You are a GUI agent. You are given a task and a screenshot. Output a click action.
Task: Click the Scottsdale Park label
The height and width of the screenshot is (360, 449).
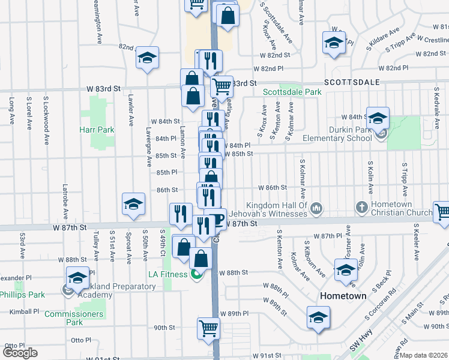[292, 92]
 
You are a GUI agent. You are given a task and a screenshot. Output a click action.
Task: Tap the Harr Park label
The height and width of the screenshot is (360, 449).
[97, 130]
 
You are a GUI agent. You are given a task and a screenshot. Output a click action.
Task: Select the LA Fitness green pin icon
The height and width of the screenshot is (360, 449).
[196, 275]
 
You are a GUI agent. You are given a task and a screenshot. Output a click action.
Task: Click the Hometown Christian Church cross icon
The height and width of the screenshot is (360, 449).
[361, 208]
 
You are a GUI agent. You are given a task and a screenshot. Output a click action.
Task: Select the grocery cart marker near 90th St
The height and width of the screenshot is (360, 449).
[208, 328]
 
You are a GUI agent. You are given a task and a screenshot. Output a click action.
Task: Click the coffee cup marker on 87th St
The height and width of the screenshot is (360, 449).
[217, 218]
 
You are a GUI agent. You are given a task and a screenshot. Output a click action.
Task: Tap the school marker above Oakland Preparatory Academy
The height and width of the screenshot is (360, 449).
[77, 278]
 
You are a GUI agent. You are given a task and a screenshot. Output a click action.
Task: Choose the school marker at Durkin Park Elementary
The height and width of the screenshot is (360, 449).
[378, 118]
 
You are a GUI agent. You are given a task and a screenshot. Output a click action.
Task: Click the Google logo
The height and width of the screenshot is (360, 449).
[20, 353]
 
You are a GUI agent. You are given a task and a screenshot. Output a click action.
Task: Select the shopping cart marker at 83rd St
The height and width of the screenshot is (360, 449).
[221, 86]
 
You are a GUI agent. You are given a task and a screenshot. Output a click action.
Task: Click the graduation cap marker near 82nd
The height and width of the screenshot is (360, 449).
[147, 58]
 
